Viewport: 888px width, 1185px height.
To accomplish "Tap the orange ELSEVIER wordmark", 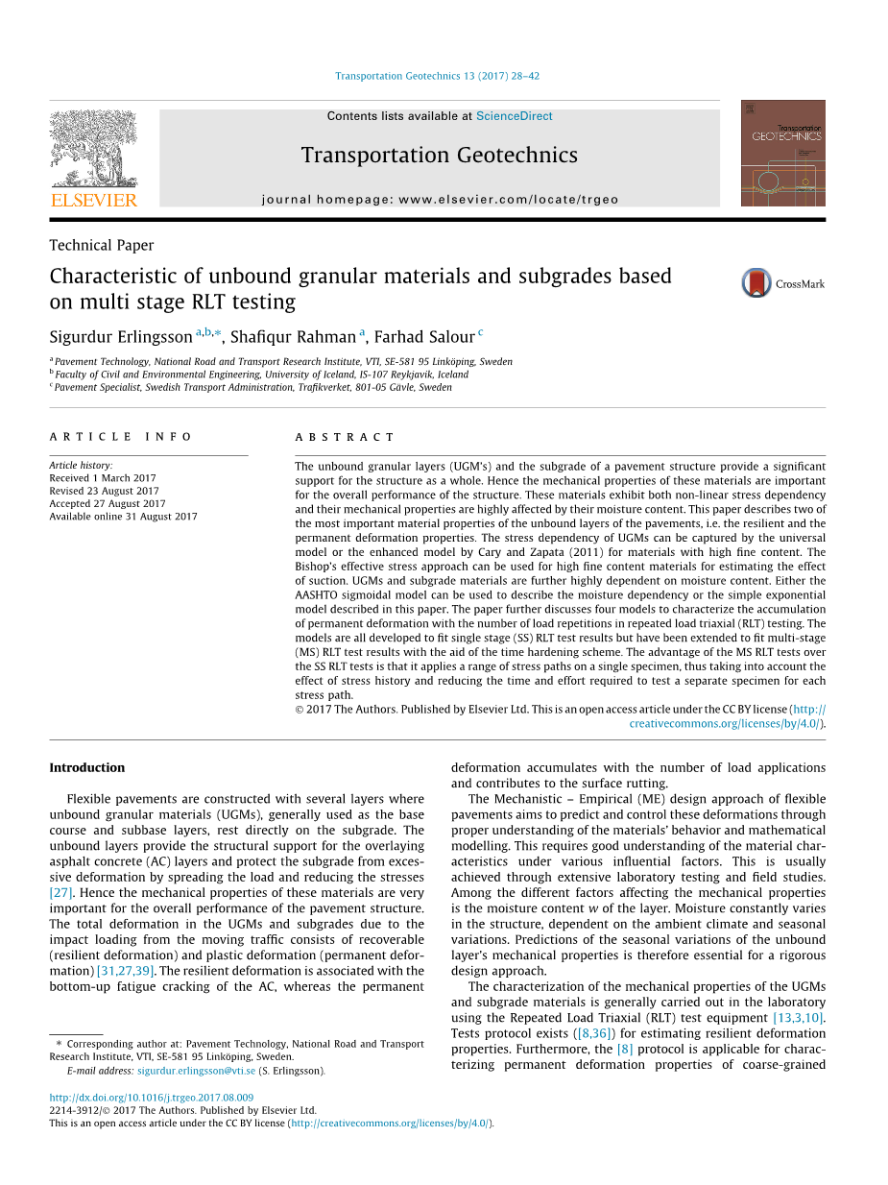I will (93, 200).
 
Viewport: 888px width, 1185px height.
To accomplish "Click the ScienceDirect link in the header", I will (514, 116).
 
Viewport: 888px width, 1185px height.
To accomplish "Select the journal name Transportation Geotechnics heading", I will (439, 156).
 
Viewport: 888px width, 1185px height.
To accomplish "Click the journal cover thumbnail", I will (782, 153).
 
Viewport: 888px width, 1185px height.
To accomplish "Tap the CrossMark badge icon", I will (756, 283).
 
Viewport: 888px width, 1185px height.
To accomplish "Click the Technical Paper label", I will (102, 246).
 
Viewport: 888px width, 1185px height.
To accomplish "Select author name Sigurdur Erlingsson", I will (121, 337).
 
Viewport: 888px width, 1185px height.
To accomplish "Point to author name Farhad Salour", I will (424, 337).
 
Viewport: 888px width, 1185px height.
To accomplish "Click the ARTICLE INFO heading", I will (121, 437).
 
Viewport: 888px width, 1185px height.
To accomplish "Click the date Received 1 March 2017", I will (103, 478).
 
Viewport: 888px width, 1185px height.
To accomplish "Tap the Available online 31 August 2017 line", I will (123, 517).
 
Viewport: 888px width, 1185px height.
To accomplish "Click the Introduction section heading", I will (86, 767).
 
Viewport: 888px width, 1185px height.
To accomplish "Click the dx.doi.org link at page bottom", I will (152, 1098).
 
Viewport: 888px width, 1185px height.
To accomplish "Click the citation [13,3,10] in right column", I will (798, 1018).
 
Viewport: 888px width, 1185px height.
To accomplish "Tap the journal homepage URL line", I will (439, 200).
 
